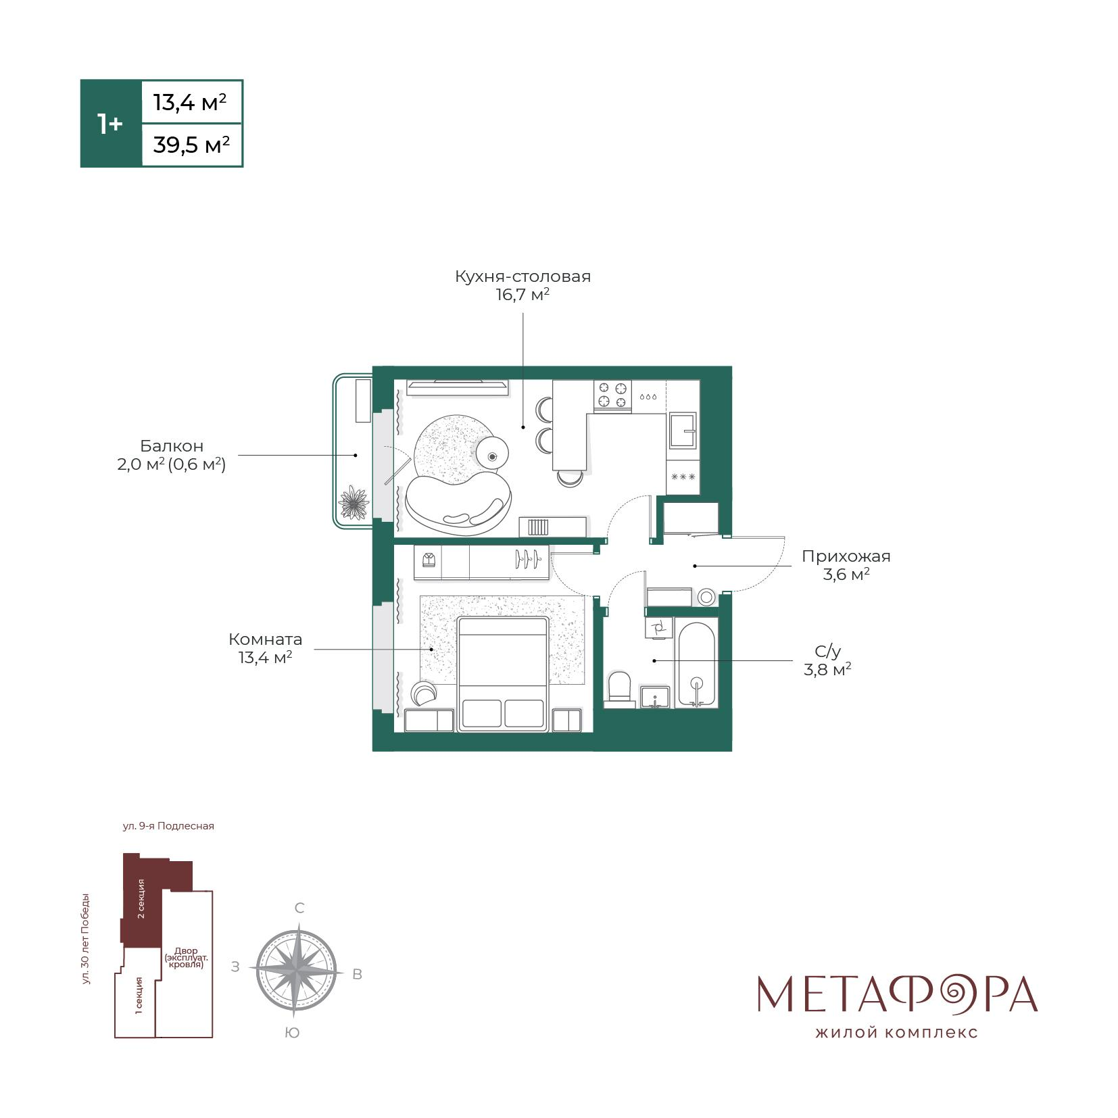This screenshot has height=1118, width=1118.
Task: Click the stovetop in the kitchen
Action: pos(612,395)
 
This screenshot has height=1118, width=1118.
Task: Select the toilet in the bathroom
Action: pos(619,689)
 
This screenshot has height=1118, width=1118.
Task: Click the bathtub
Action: pos(696,664)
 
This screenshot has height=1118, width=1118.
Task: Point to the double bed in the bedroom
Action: pos(502,673)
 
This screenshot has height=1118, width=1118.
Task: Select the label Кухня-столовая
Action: pos(522,276)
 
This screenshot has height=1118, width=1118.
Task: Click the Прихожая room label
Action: pos(846,556)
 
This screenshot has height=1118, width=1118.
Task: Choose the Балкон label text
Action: pos(172,446)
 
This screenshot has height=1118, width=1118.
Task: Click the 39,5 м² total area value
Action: pos(191,145)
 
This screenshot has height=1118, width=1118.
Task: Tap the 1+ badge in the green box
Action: pos(110,124)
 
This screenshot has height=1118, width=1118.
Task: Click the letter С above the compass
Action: pos(299,908)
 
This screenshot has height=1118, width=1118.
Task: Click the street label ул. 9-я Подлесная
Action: pos(168,826)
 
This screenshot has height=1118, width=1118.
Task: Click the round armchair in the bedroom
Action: pos(424,693)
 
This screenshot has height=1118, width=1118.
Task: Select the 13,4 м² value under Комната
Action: pos(265,657)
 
